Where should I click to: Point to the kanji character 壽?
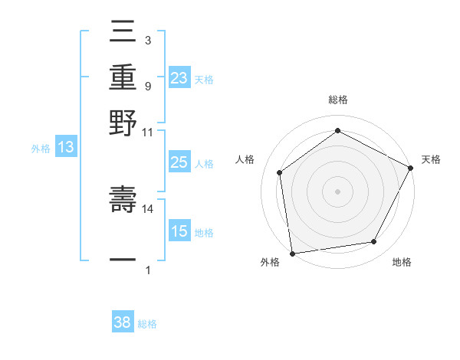123,199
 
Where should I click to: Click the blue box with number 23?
179,78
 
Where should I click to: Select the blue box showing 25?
179,162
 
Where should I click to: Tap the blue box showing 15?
179,231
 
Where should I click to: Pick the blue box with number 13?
65,147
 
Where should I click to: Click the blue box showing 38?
123,322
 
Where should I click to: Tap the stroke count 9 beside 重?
147,86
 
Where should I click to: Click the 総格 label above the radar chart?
337,100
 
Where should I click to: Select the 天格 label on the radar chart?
431,159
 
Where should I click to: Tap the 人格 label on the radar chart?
245,159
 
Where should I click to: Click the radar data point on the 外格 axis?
292,253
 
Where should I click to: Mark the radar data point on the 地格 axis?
374,242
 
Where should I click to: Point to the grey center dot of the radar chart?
337,191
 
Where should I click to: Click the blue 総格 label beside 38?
147,324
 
